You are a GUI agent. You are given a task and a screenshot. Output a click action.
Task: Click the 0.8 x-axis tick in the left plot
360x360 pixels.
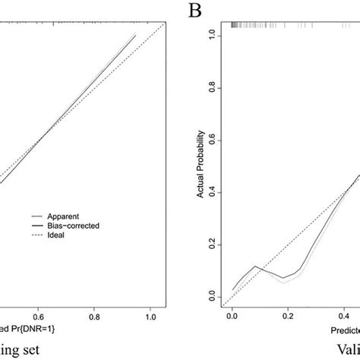coord(94,314)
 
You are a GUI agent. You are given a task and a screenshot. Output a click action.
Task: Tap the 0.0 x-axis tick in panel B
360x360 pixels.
coord(232,314)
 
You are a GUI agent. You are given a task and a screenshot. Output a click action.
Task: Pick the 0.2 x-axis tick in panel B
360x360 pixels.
coord(288,314)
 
